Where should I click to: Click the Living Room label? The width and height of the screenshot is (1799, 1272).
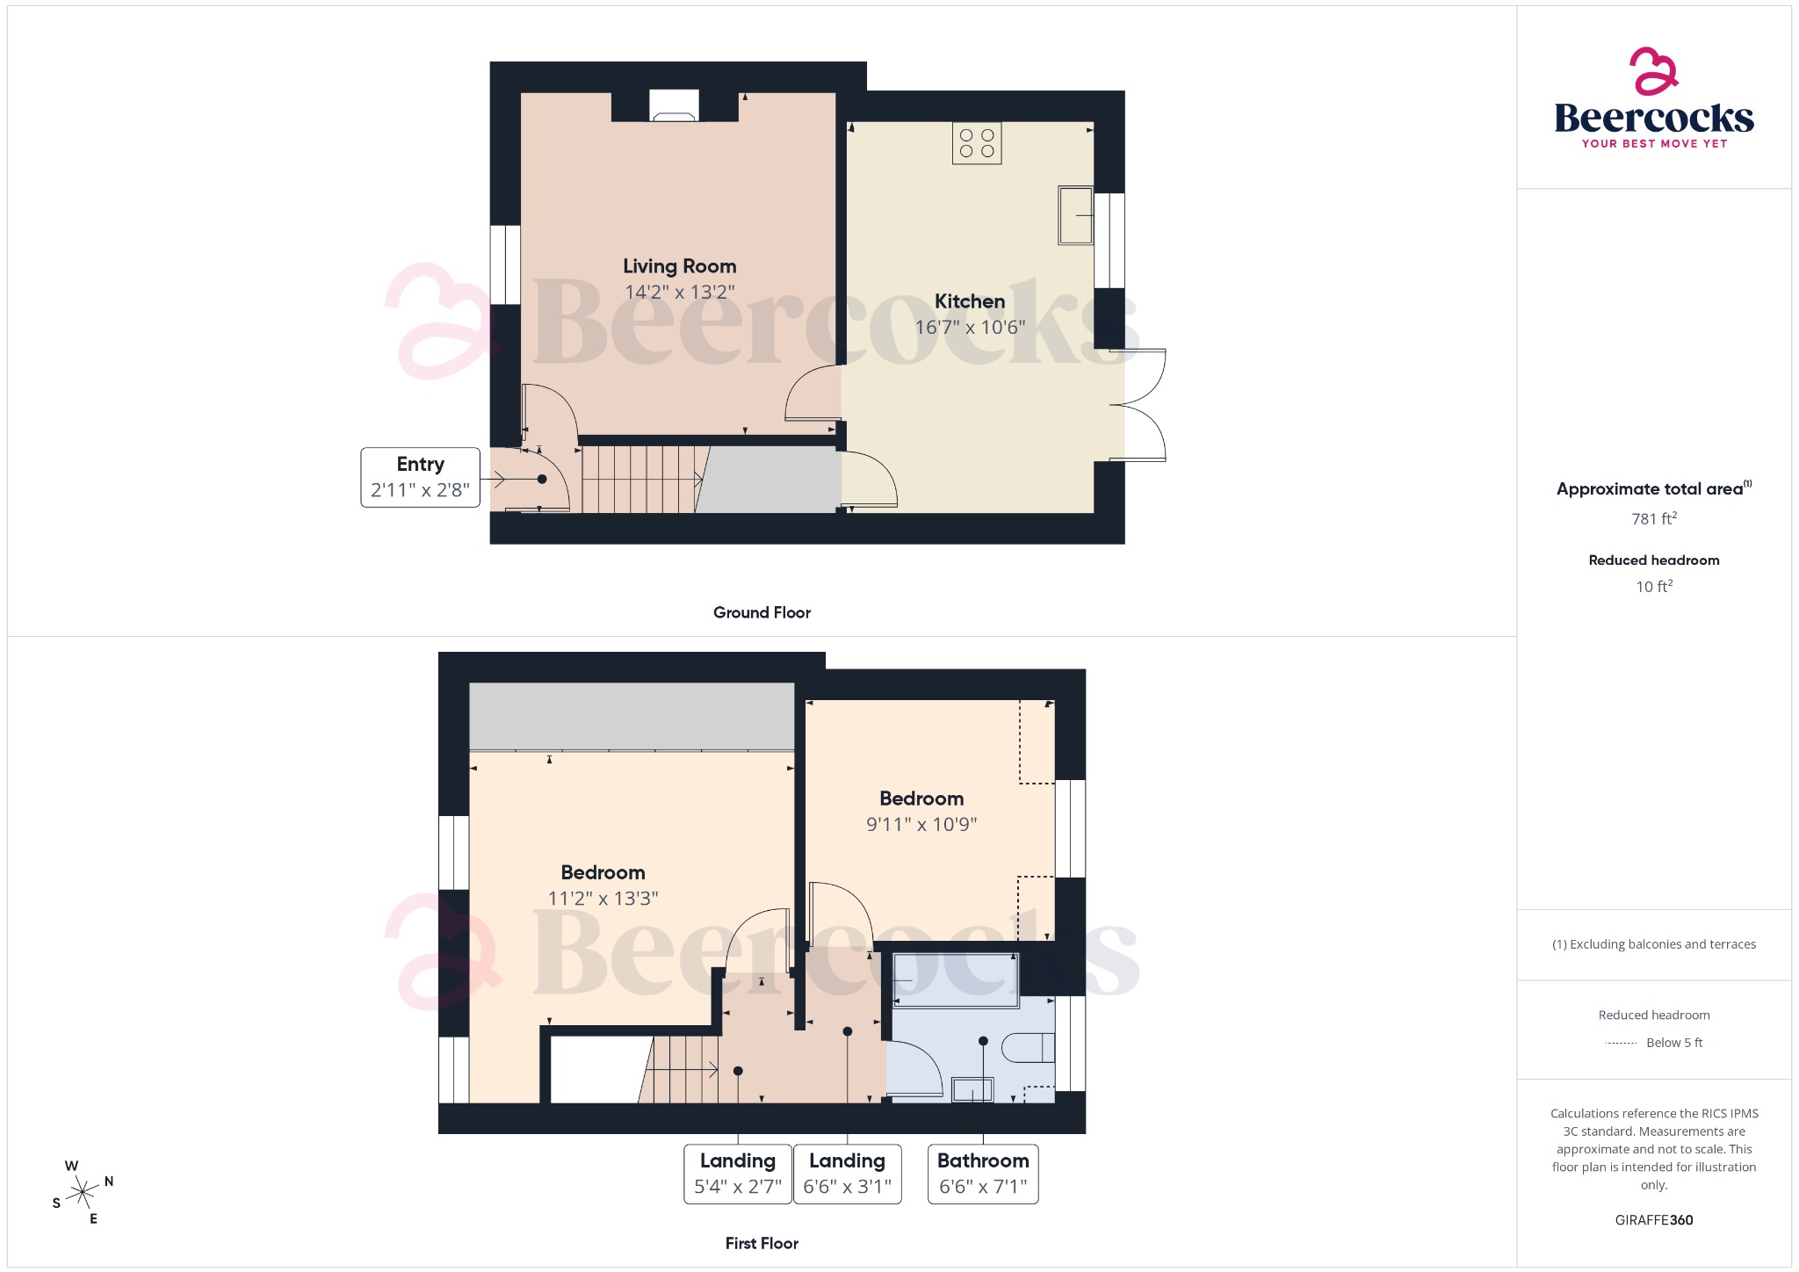pyautogui.click(x=679, y=266)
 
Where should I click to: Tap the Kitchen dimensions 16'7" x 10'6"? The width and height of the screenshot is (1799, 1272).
pyautogui.click(x=970, y=328)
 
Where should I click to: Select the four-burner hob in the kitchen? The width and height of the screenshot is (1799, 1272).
pyautogui.click(x=977, y=143)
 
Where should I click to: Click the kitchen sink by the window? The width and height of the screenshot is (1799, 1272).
pyautogui.click(x=1075, y=215)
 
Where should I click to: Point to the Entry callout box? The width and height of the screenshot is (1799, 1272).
pyautogui.click(x=420, y=477)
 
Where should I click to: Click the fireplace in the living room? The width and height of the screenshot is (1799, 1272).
pyautogui.click(x=674, y=106)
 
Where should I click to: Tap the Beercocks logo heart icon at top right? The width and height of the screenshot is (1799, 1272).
pyautogui.click(x=1653, y=71)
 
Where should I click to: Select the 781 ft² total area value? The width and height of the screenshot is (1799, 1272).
pyautogui.click(x=1653, y=519)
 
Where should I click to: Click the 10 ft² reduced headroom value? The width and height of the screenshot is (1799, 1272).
pyautogui.click(x=1653, y=587)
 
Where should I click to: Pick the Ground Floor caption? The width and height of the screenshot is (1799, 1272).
pyautogui.click(x=762, y=613)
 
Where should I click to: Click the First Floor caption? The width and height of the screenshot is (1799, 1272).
pyautogui.click(x=762, y=1244)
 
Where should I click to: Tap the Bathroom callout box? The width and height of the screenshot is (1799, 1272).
pyautogui.click(x=983, y=1174)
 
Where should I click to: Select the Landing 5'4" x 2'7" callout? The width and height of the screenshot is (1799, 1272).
pyautogui.click(x=738, y=1174)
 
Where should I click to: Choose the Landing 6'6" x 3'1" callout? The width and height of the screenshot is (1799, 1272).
pyautogui.click(x=847, y=1174)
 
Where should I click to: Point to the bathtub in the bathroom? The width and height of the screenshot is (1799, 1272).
pyautogui.click(x=956, y=979)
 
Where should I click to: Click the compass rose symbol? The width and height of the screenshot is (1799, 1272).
pyautogui.click(x=83, y=1192)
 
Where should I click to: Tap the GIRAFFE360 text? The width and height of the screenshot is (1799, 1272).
pyautogui.click(x=1653, y=1220)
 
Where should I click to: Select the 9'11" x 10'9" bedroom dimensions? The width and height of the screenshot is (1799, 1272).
pyautogui.click(x=921, y=825)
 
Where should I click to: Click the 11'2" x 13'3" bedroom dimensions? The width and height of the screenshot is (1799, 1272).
pyautogui.click(x=603, y=899)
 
